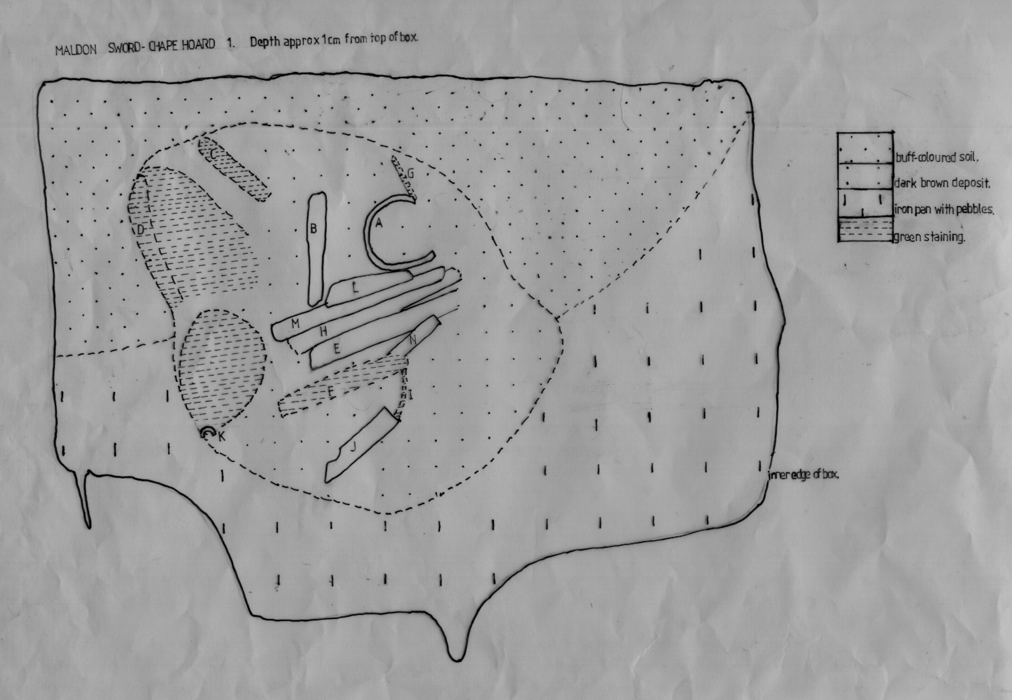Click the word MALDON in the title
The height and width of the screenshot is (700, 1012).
point(76,49)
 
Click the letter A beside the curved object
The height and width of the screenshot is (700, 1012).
point(379,223)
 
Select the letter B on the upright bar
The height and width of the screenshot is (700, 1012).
point(313,228)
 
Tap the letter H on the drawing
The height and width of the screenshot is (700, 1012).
point(324,332)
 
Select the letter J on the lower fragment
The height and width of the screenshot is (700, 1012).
point(353,447)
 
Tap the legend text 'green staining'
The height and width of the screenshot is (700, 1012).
point(930,237)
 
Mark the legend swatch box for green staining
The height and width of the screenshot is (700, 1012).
point(866,230)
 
